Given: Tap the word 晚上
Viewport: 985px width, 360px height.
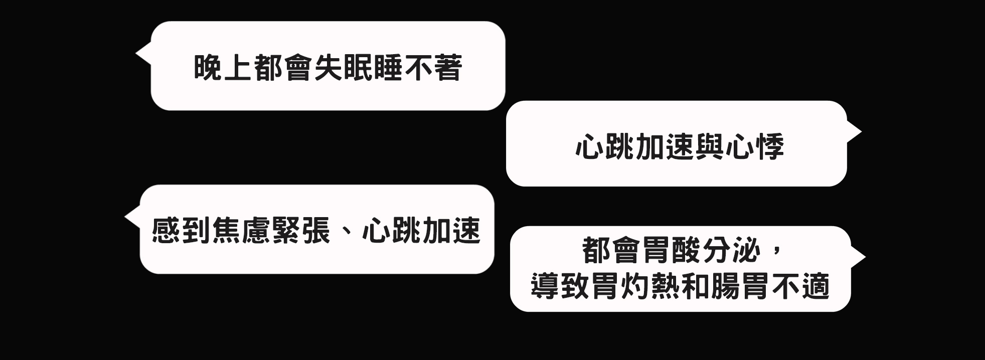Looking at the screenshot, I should pyautogui.click(x=223, y=67).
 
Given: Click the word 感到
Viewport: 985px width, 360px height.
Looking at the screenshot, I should pyautogui.click(x=182, y=230).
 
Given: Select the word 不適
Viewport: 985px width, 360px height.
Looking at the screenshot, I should pyautogui.click(x=800, y=286).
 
